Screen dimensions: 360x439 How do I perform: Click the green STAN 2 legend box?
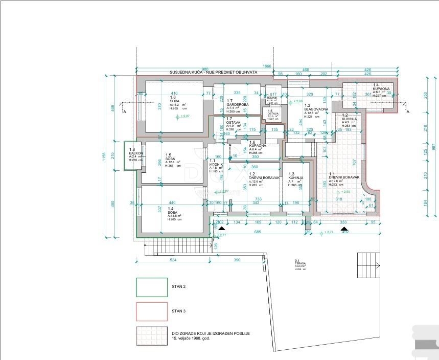tap(151, 287)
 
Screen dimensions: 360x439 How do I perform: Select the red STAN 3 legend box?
tap(151, 311)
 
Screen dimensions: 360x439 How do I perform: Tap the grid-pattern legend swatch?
tap(151, 335)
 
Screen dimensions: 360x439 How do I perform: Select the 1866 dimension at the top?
tap(267, 66)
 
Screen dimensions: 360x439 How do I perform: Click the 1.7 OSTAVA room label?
tap(234, 126)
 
